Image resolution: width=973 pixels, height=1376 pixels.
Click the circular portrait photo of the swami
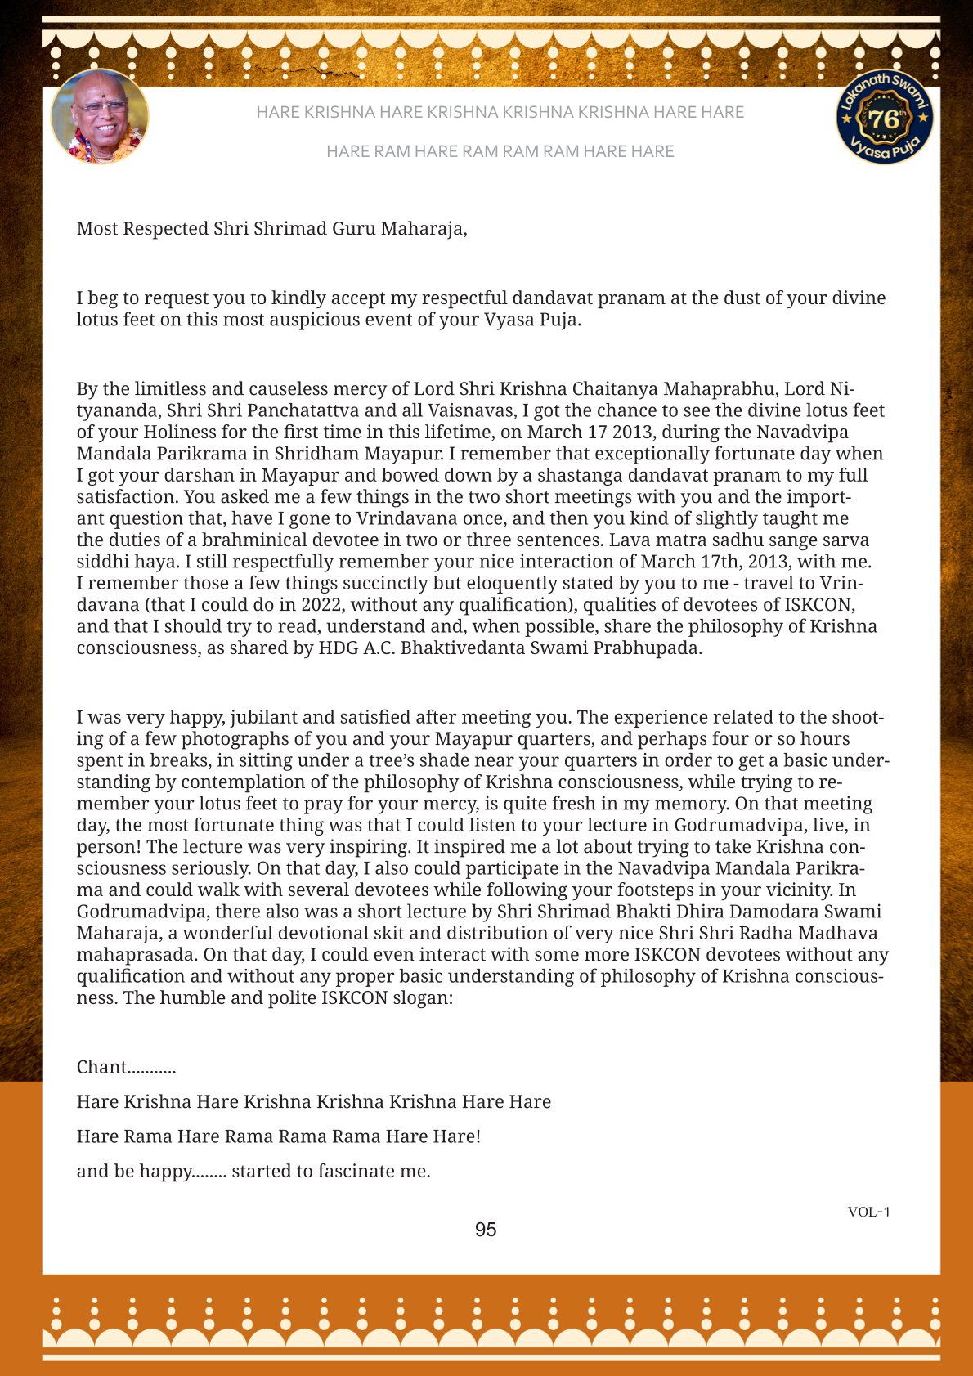tap(100, 117)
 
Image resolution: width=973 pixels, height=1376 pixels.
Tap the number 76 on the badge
tap(884, 119)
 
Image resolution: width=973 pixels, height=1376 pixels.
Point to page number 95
tap(486, 1230)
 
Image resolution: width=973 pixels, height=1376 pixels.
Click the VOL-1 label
tap(868, 1212)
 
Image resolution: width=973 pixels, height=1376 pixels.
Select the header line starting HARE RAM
tap(500, 151)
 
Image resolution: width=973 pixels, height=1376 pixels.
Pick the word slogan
tap(420, 998)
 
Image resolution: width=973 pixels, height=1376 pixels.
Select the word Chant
tap(102, 1068)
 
